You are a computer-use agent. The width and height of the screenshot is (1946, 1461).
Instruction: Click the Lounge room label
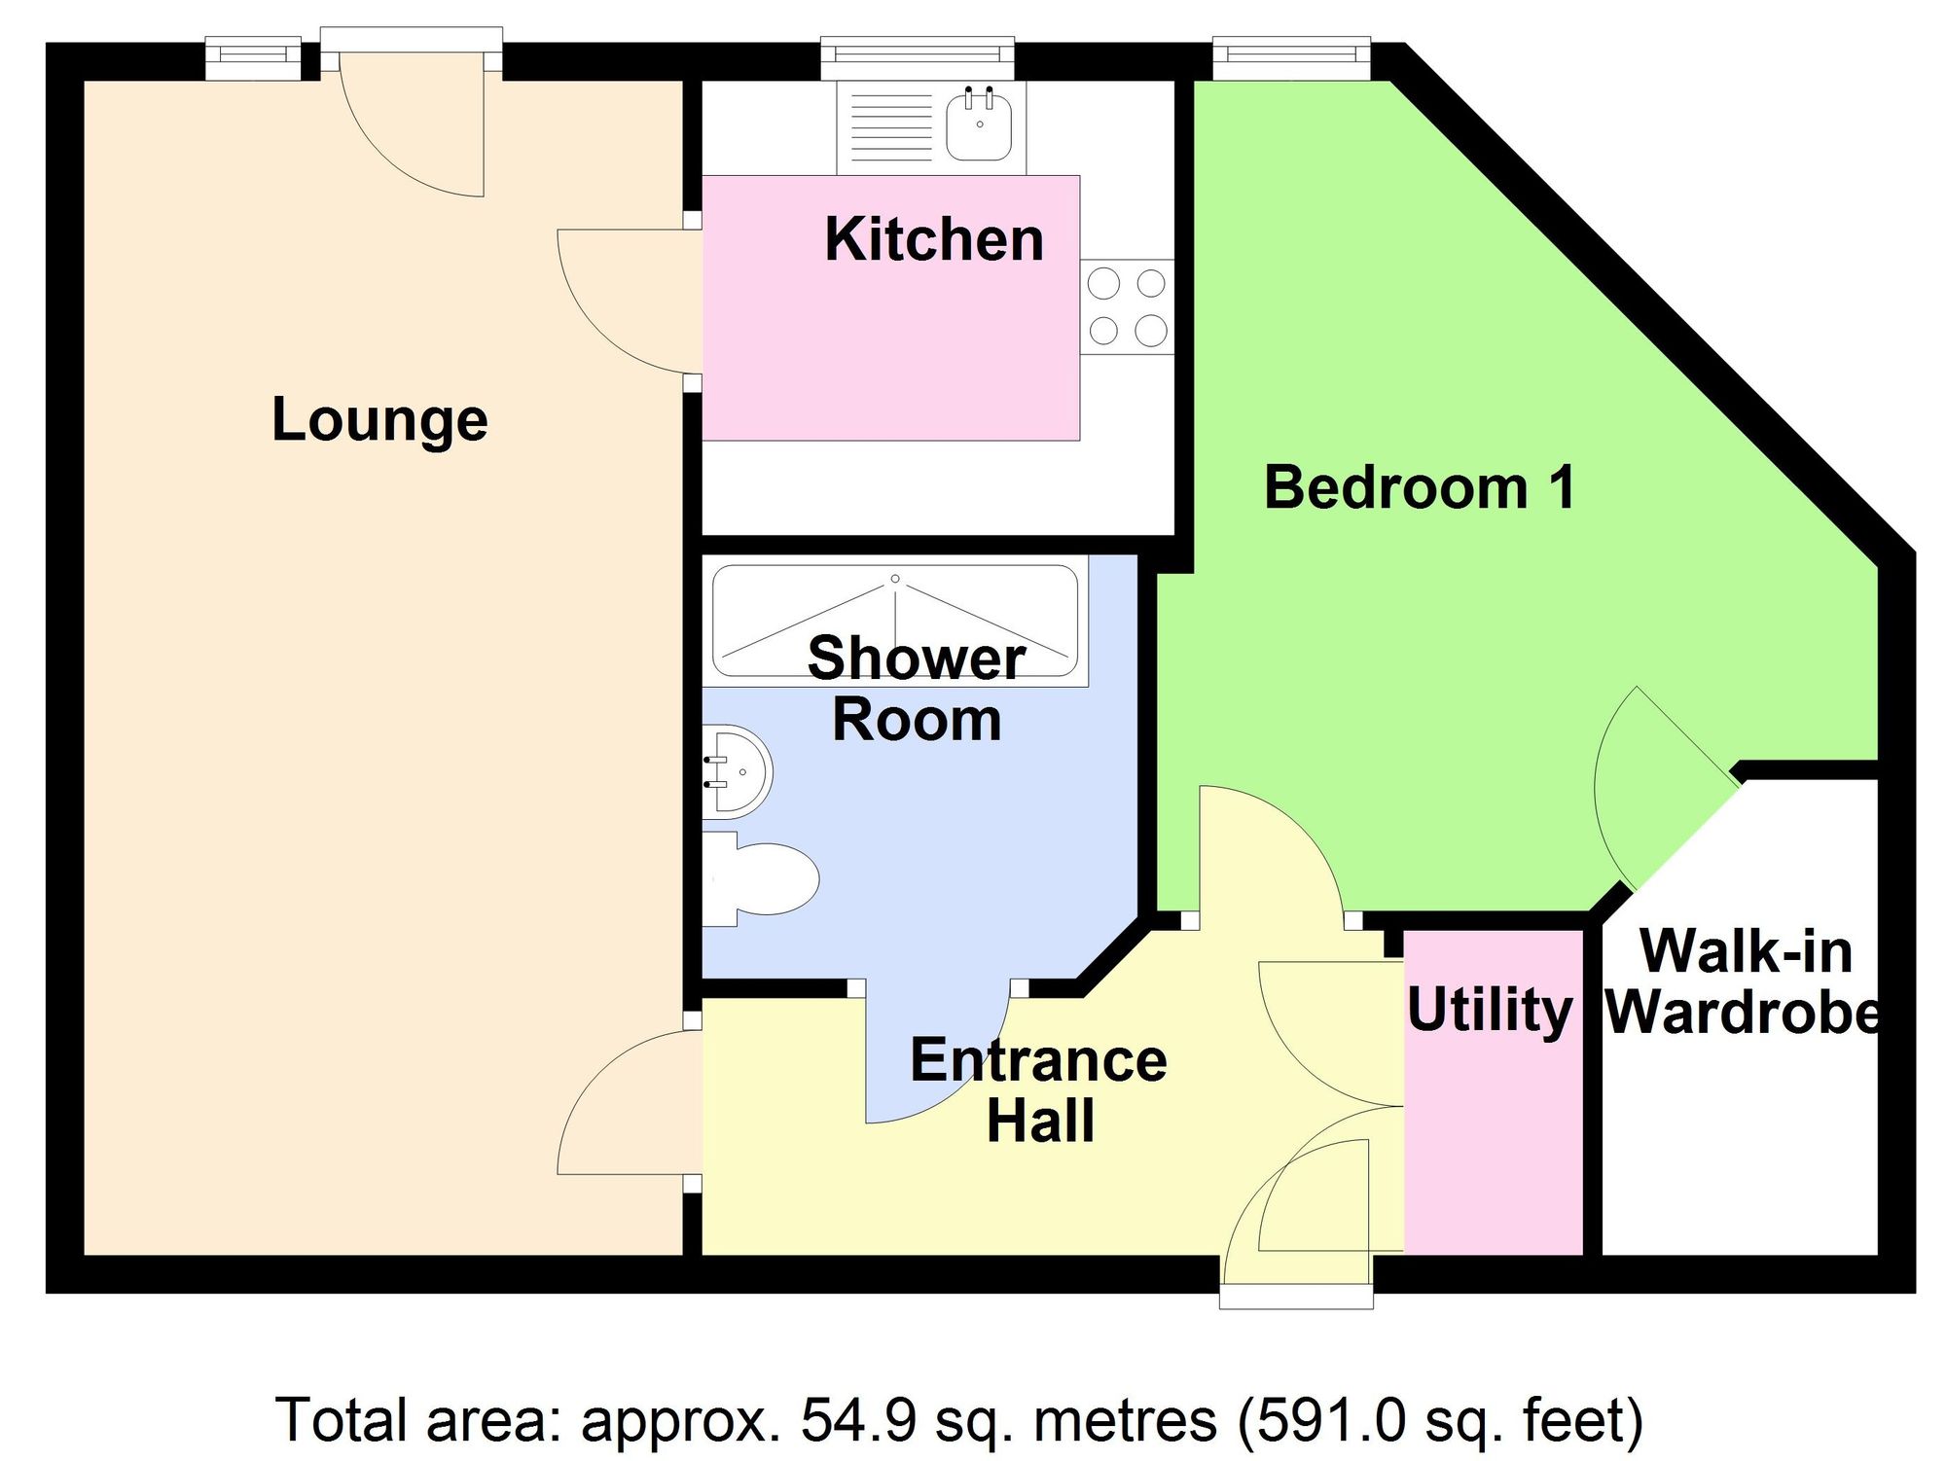[x=379, y=420]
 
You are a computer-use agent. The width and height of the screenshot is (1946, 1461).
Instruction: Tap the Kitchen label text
[x=933, y=239]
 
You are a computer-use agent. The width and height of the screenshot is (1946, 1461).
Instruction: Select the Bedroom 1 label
[x=1419, y=487]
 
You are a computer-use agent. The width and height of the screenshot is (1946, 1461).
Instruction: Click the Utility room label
[x=1490, y=1010]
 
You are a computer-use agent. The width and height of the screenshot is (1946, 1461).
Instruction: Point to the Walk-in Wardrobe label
[x=1745, y=982]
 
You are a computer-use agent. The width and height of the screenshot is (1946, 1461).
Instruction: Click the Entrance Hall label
[x=1038, y=1089]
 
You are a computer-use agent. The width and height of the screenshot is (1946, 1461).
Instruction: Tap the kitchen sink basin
[x=979, y=127]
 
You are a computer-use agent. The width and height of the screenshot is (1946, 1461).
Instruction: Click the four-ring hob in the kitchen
[x=1127, y=306]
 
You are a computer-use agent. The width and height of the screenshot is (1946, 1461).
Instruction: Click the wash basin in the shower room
[x=739, y=771]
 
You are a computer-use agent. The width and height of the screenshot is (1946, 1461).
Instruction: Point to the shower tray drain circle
[x=895, y=579]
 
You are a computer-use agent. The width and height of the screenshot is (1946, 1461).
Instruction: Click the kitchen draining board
[x=891, y=127]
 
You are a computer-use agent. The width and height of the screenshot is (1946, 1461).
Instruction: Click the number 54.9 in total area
[x=858, y=1420]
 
